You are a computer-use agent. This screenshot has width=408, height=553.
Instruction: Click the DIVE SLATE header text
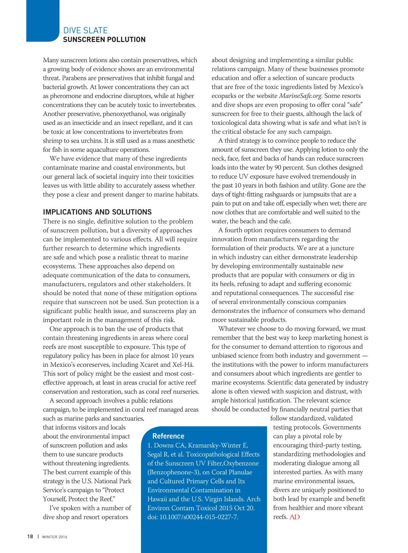coord(85,30)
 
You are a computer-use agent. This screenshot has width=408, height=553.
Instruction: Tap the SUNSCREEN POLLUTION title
coord(104,39)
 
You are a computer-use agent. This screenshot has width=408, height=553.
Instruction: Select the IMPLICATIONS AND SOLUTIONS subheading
coord(97,212)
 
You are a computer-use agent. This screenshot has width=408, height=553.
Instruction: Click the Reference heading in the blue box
coord(168,436)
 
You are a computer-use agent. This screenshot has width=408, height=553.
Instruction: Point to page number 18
coord(30,536)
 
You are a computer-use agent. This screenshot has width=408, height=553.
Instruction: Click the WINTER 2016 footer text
coord(54,537)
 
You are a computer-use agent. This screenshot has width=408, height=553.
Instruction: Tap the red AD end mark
coord(294,517)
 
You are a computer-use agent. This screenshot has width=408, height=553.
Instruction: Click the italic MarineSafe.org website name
coord(301,96)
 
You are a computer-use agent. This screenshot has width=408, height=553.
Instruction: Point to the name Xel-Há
coord(184,364)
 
